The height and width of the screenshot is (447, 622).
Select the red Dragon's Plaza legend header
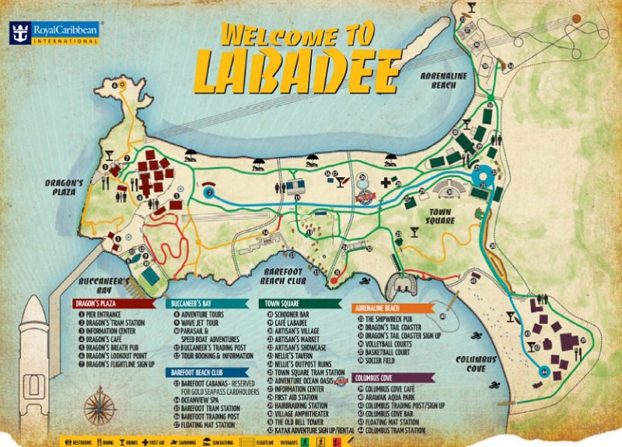pos(117,302)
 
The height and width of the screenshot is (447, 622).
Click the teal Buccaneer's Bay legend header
pos(210,302)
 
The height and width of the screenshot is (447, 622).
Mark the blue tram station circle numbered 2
pos(208,192)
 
